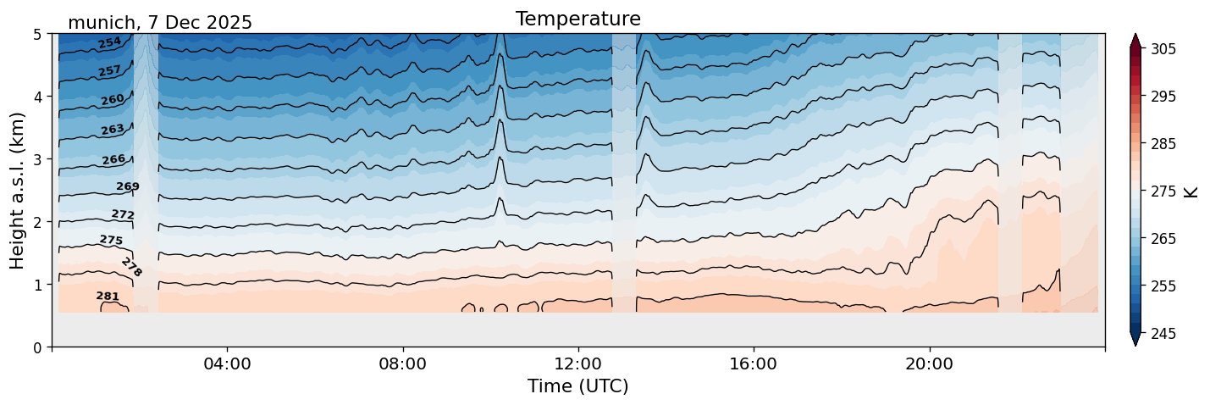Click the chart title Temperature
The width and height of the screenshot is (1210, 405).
click(x=577, y=19)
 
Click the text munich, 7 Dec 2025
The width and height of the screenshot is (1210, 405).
click(x=160, y=23)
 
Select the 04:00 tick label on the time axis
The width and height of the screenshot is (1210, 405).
click(x=227, y=364)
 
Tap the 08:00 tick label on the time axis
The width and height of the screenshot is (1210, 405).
click(x=402, y=364)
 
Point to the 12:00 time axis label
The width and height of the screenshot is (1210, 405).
click(x=578, y=364)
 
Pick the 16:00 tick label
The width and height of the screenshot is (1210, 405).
click(x=754, y=364)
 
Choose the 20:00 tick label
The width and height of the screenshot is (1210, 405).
click(x=930, y=364)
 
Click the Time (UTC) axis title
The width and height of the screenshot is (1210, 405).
click(x=577, y=386)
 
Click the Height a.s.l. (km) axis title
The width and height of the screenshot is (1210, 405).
click(x=18, y=190)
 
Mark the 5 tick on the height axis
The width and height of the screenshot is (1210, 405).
click(x=38, y=34)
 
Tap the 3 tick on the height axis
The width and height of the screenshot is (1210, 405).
click(x=38, y=159)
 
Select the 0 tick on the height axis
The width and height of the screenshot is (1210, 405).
click(x=38, y=347)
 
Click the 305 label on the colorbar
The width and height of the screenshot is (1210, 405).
click(x=1163, y=49)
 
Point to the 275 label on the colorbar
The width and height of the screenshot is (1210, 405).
click(x=1163, y=191)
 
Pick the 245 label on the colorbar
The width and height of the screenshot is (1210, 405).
click(x=1163, y=334)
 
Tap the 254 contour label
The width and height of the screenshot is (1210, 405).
click(x=109, y=43)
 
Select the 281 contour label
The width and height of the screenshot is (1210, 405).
click(x=108, y=297)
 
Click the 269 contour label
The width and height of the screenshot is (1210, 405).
click(x=128, y=186)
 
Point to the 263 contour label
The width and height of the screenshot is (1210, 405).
click(x=113, y=130)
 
